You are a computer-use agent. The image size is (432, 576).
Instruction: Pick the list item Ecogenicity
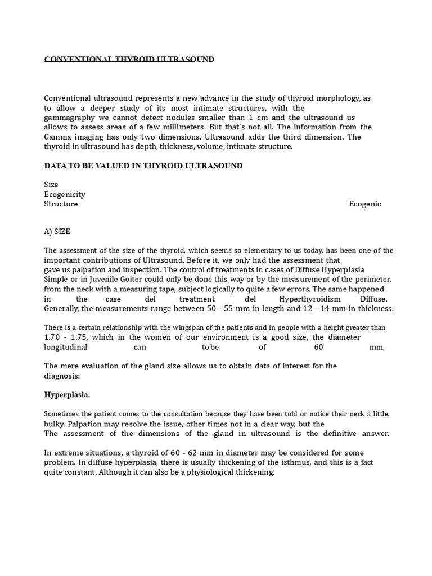tap(65, 194)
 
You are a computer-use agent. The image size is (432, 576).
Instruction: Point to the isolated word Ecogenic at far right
tap(364, 204)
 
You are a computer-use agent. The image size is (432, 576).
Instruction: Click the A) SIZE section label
tap(57, 231)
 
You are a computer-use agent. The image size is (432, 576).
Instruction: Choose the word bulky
tap(55, 424)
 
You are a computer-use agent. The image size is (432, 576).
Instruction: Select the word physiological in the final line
tap(214, 472)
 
